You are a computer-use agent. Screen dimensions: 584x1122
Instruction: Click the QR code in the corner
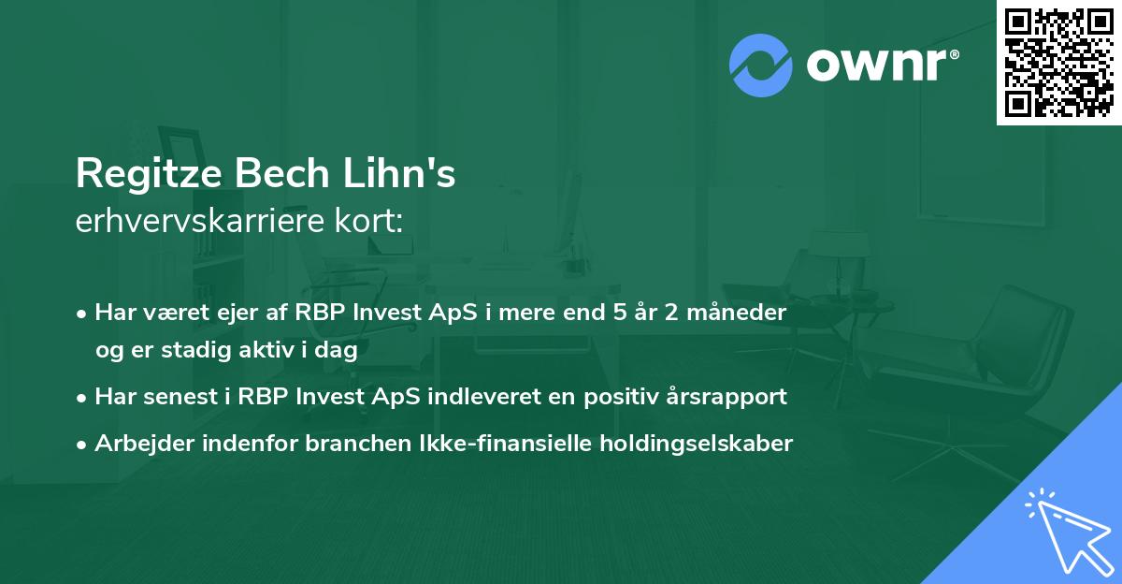pyautogui.click(x=1058, y=62)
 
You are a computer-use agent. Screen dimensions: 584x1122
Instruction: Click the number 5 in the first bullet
pyautogui.click(x=615, y=312)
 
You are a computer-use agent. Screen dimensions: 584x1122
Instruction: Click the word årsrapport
pyautogui.click(x=729, y=397)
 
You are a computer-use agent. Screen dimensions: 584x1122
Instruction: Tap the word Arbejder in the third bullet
pyautogui.click(x=138, y=444)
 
